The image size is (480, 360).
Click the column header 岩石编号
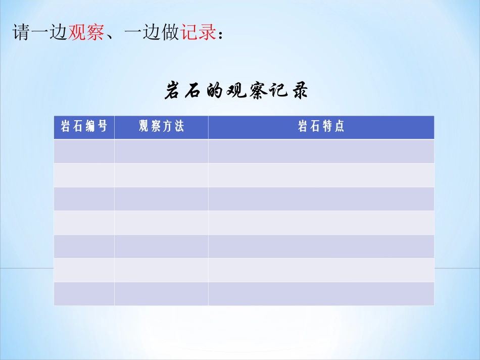[84, 127]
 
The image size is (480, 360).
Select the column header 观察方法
[161, 127]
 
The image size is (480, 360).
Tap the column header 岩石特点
[321, 127]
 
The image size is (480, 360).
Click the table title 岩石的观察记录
[236, 91]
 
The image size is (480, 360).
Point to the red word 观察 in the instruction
[86, 32]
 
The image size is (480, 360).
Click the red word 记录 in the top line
[198, 32]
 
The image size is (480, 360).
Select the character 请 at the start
[21, 32]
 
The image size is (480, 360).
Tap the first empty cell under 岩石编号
[84, 151]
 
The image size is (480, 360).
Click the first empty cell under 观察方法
[161, 151]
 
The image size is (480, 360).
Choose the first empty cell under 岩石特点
[321, 151]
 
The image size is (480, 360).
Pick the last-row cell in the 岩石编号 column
[84, 294]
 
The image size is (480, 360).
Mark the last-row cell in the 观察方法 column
[161, 294]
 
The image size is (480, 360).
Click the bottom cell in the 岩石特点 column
[321, 294]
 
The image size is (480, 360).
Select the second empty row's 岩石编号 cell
[84, 175]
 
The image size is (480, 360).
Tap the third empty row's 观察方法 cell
[161, 198]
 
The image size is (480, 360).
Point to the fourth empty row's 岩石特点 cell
[321, 222]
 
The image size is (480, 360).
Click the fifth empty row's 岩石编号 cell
[84, 246]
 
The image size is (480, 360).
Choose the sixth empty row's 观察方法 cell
[161, 270]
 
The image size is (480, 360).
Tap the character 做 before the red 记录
[170, 32]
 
